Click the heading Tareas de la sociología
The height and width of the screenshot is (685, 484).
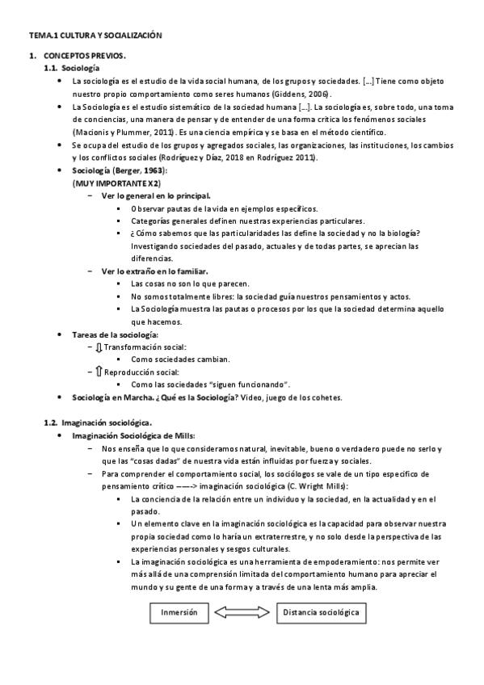(x=116, y=334)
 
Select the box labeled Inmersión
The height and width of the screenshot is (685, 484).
(x=179, y=612)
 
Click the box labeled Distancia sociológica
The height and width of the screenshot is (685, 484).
(x=321, y=612)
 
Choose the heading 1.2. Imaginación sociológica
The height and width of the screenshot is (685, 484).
(x=98, y=422)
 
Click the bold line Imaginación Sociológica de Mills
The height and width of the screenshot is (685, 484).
(x=133, y=435)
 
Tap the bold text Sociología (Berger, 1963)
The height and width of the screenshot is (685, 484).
(x=119, y=171)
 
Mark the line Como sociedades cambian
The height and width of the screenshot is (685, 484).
(x=180, y=359)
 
